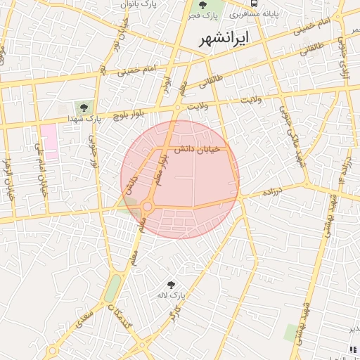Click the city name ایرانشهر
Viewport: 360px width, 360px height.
(224, 39)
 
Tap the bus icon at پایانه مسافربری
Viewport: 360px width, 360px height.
(255, 4)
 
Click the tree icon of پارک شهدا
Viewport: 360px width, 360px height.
(84, 108)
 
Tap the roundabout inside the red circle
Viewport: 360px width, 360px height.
(147, 207)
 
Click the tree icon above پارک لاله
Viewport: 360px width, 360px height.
(171, 285)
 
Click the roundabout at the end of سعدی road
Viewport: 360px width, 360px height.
(53, 350)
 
